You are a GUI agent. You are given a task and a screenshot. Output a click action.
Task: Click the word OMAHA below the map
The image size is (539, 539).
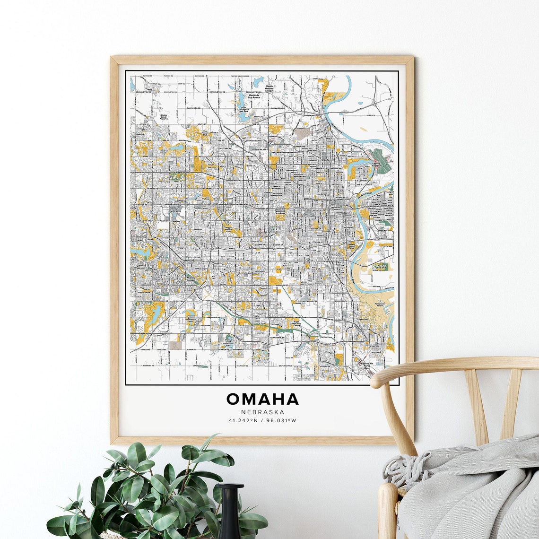pyautogui.click(x=262, y=399)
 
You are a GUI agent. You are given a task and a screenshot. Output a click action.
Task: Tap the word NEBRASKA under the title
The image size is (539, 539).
pyautogui.click(x=262, y=412)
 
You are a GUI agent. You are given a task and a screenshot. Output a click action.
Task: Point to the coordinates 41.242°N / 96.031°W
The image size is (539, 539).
pyautogui.click(x=262, y=420)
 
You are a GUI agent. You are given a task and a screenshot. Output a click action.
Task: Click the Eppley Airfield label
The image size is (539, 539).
pyautogui.click(x=376, y=165)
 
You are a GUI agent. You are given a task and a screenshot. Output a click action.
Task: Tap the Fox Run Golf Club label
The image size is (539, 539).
pyautogui.click(x=382, y=267)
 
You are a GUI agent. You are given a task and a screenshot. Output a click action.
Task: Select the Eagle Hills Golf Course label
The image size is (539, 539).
pyautogui.click(x=296, y=323)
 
